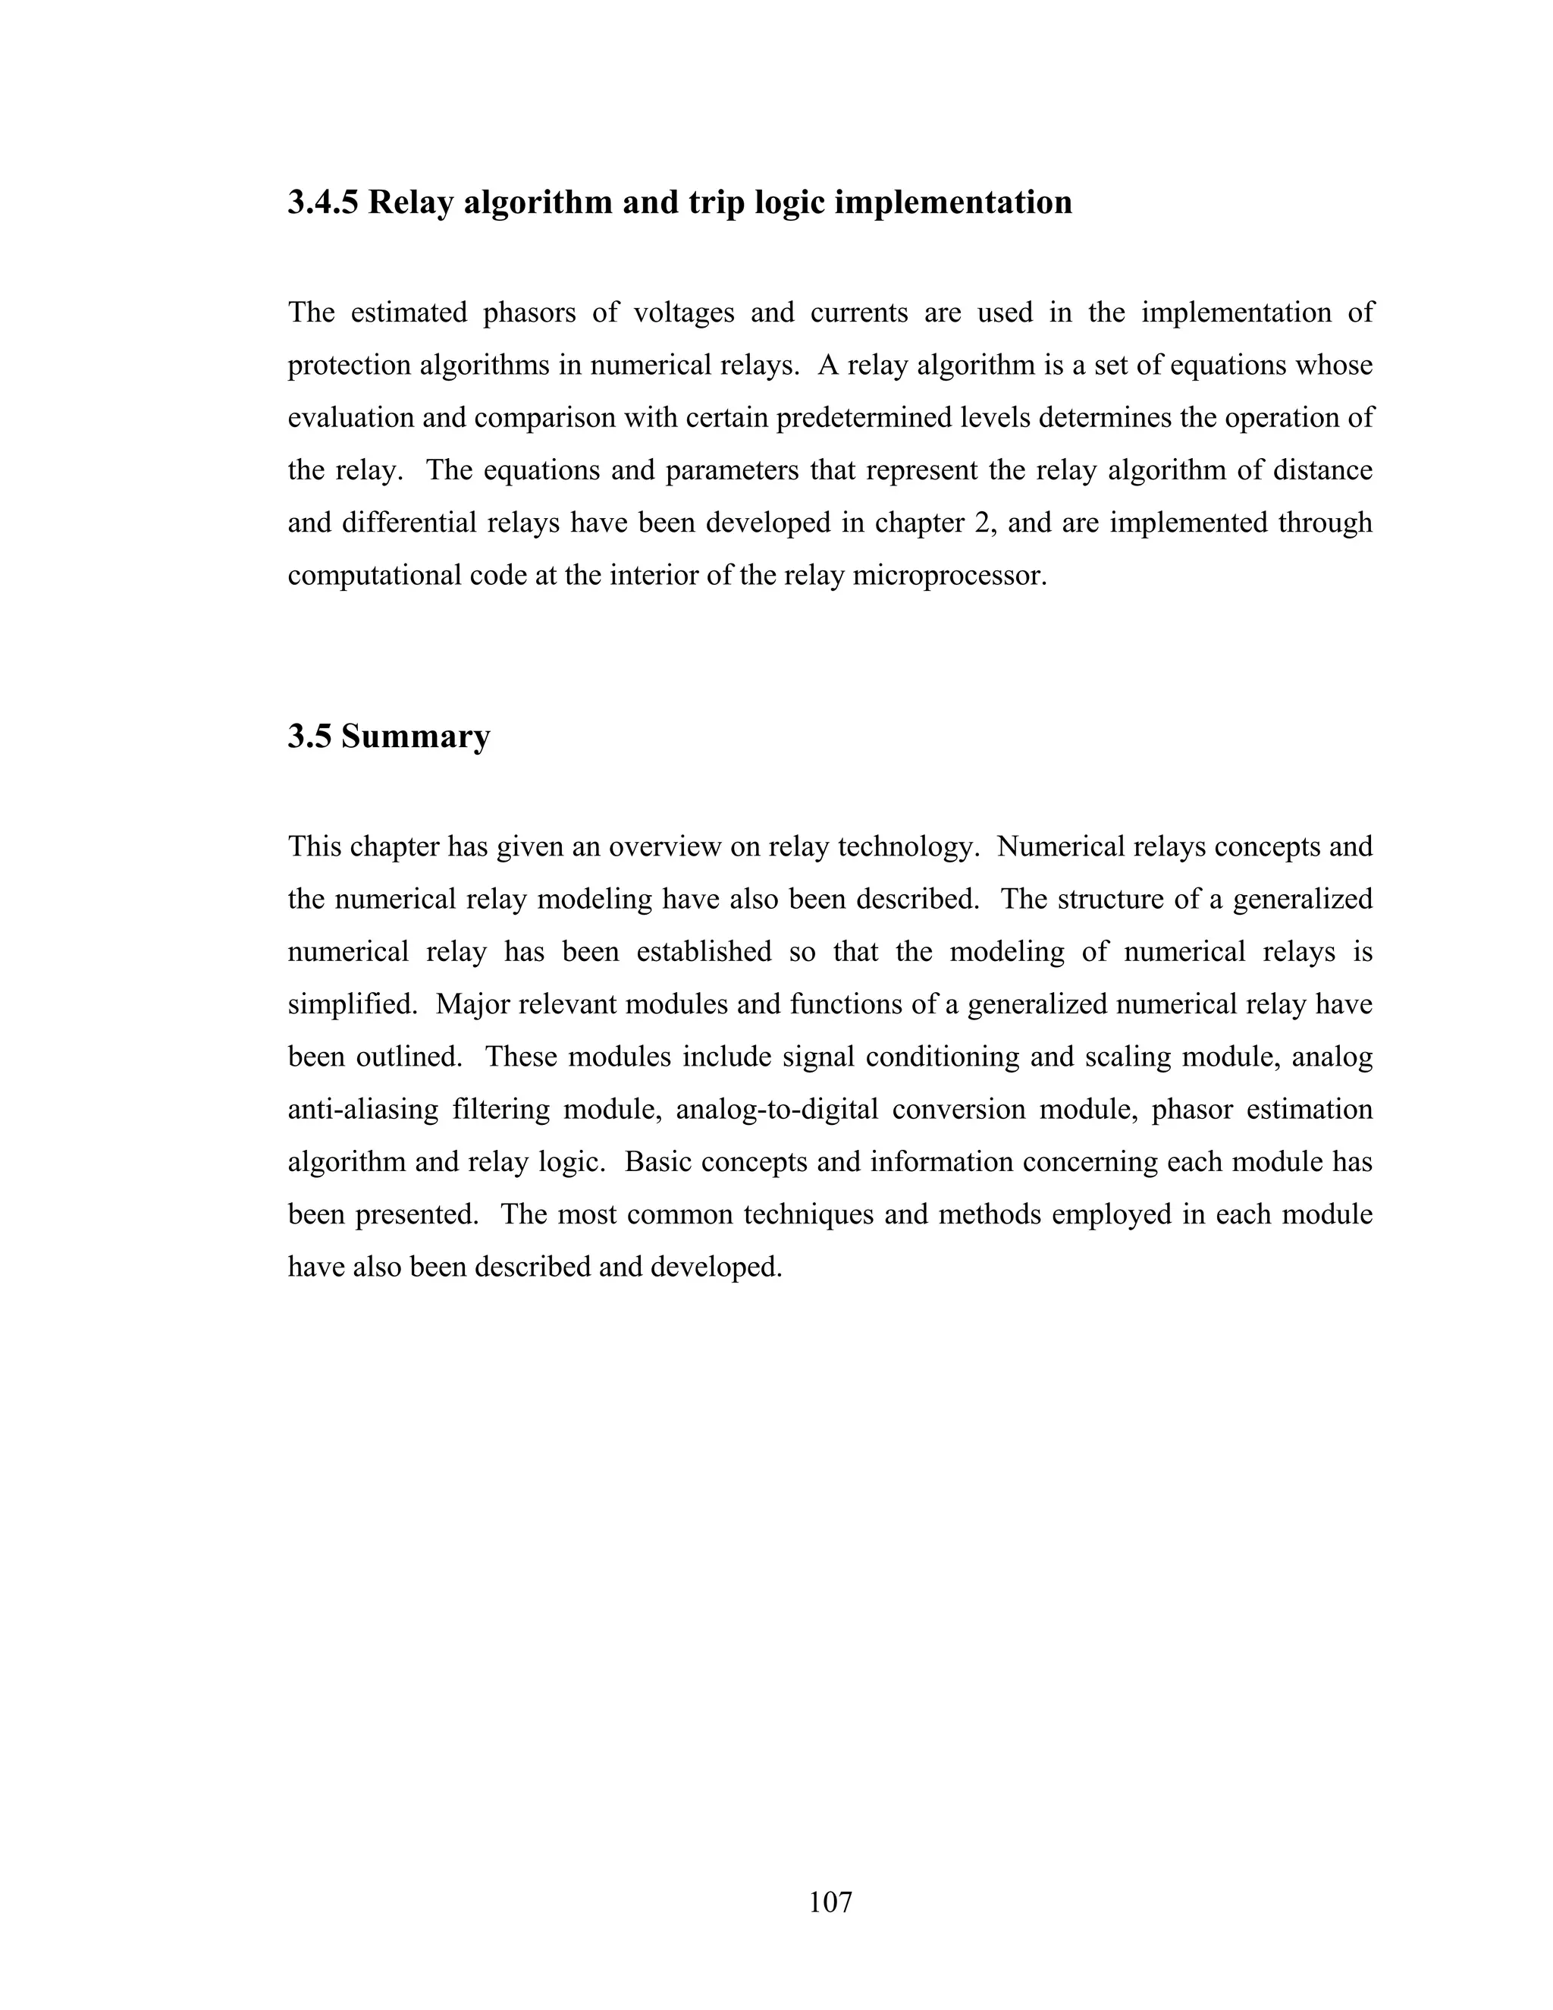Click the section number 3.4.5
pos(324,203)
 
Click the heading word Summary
pos(415,736)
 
